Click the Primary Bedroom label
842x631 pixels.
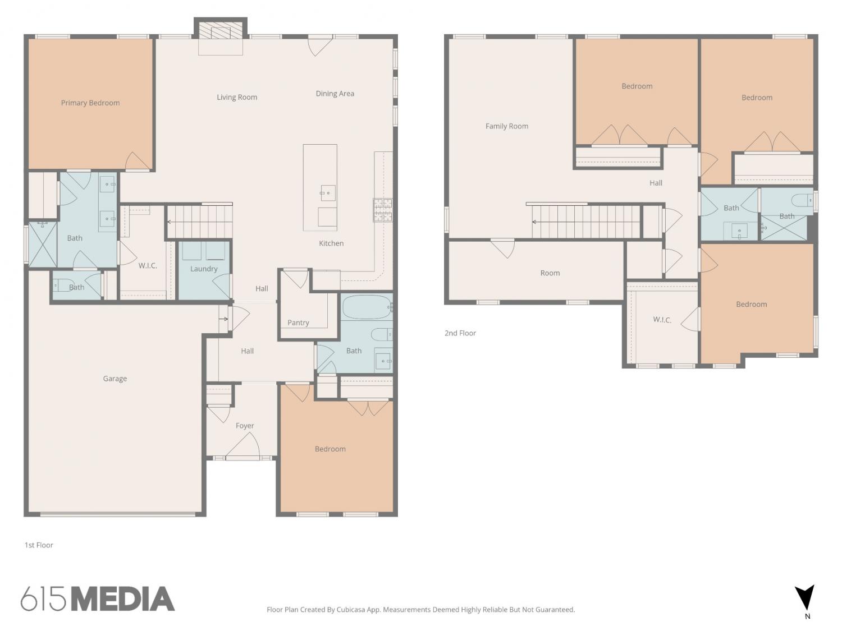pos(90,103)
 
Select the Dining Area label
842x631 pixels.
pos(335,94)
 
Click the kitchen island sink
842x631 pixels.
pos(328,193)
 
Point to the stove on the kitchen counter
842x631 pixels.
pos(383,210)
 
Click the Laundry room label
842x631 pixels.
pos(204,269)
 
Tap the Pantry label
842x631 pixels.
pos(298,323)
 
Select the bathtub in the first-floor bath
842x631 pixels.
pos(367,307)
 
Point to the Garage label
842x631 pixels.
pos(115,379)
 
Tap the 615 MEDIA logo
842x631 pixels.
pos(98,598)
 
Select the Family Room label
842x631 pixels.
pos(507,126)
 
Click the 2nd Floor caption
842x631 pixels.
pos(460,333)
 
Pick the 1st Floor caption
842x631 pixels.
pos(39,545)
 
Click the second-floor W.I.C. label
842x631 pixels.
pos(662,320)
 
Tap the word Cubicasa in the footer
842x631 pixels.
pos(351,610)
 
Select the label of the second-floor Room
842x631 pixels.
pos(550,273)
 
